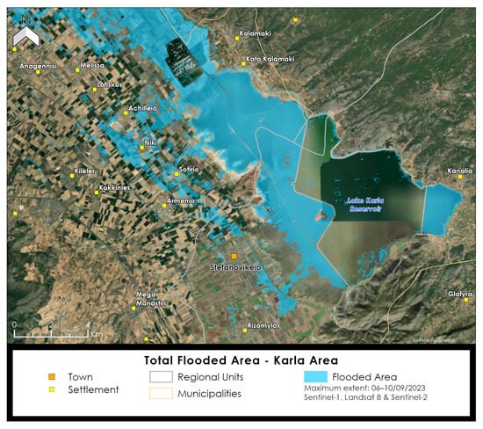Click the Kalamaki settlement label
pyautogui.click(x=254, y=35)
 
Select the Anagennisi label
pyautogui.click(x=38, y=66)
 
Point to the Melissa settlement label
pyautogui.click(x=91, y=66)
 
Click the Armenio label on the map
pyautogui.click(x=180, y=201)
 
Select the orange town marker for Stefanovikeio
pyautogui.click(x=234, y=256)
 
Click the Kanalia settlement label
pyautogui.click(x=460, y=171)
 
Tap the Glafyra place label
pyautogui.click(x=460, y=294)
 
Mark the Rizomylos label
pyautogui.click(x=263, y=324)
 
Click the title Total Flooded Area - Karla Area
pyautogui.click(x=241, y=360)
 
